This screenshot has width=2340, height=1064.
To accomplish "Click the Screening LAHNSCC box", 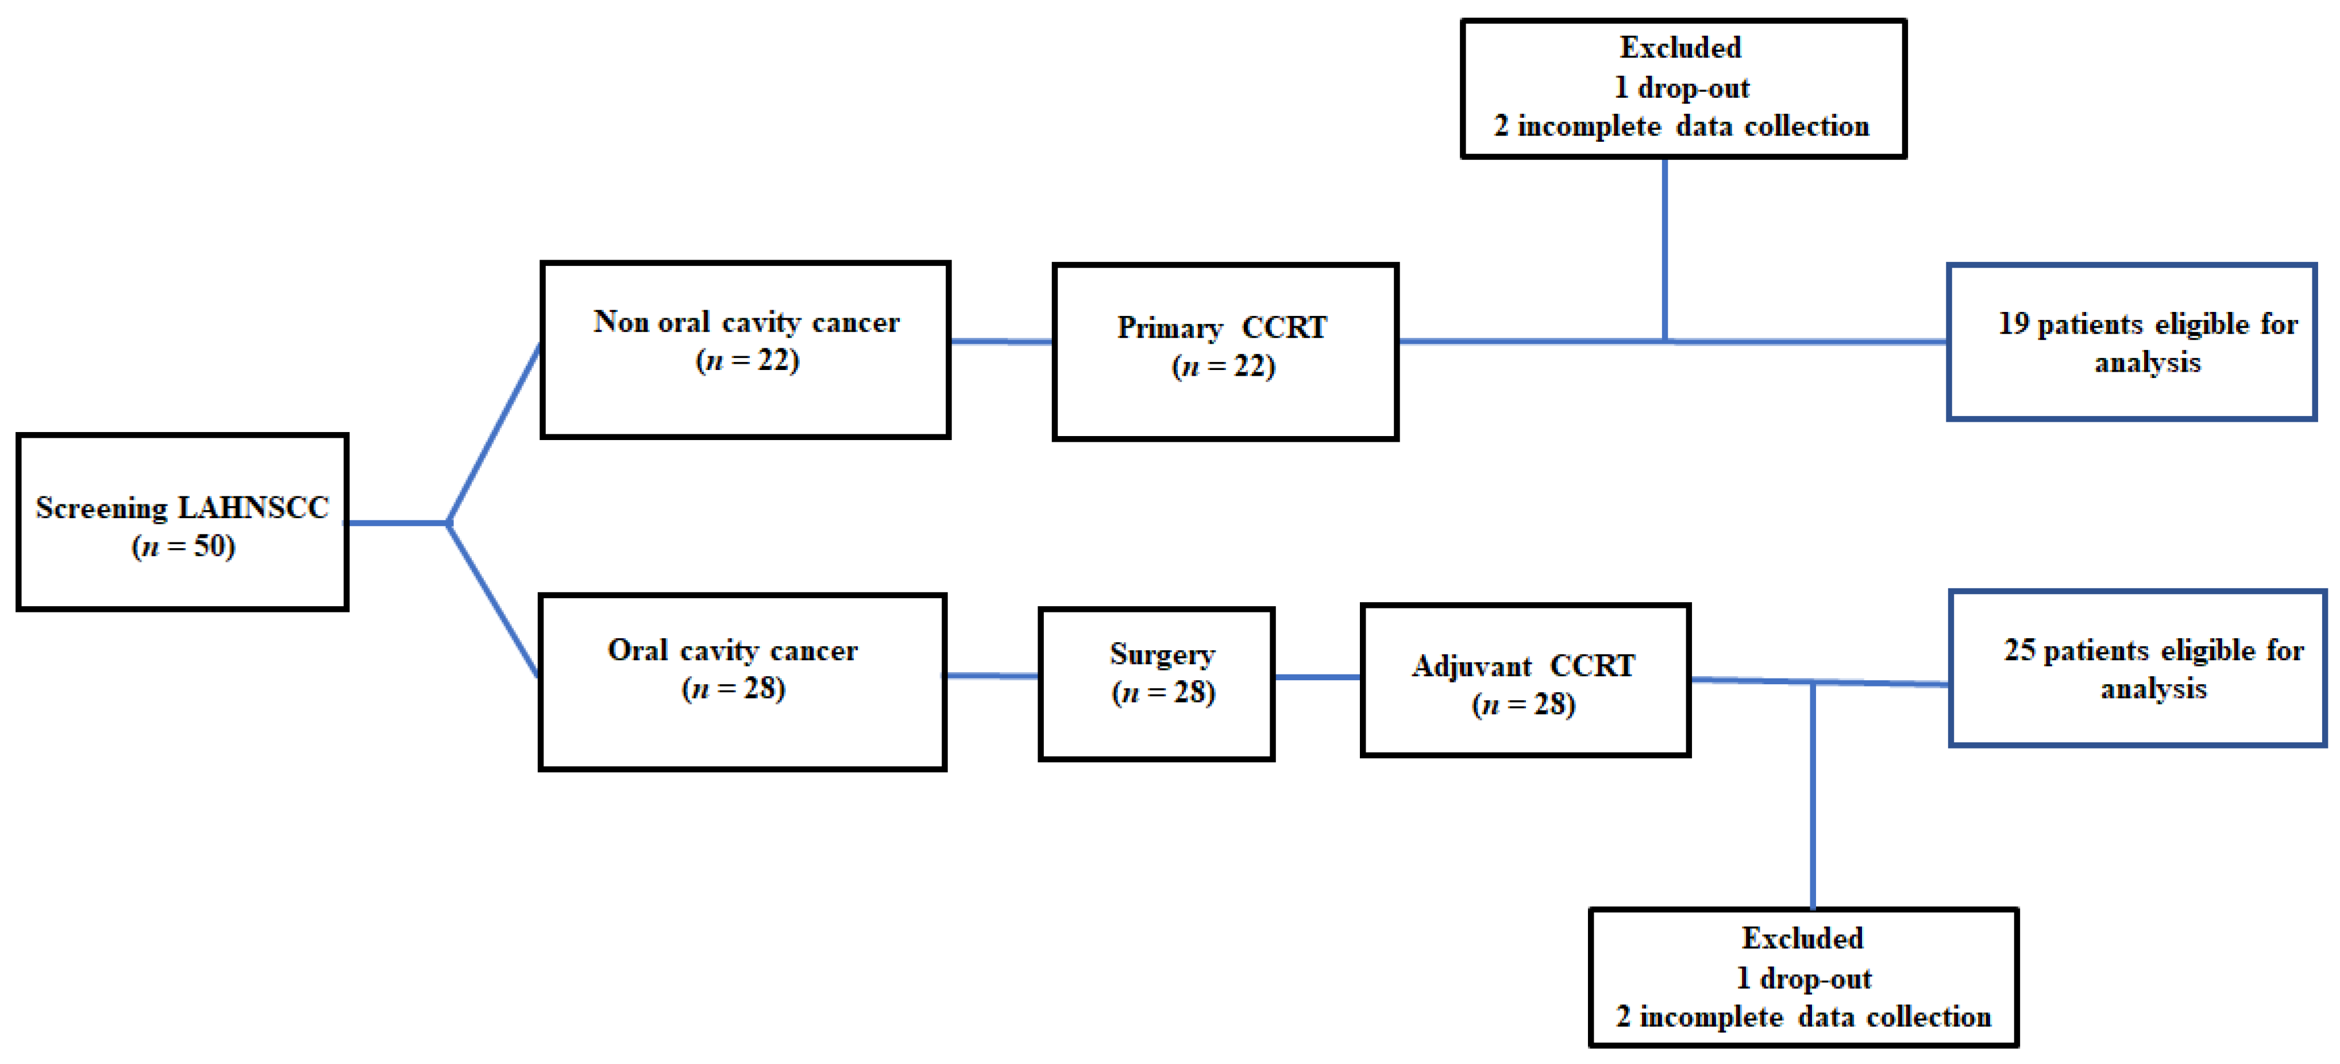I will coord(182,522).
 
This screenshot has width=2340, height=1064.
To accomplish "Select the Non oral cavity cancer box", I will coord(745,350).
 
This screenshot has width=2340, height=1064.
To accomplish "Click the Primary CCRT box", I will coord(1224,352).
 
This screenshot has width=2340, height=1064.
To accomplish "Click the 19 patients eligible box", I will coord(2131,342).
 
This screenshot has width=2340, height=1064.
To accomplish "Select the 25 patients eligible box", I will coord(2137,668).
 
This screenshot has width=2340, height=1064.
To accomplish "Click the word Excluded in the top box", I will coord(1680,47).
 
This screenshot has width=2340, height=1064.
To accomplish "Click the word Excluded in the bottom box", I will coord(1802,938).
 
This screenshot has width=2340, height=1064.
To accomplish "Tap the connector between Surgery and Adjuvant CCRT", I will coord(1317,677).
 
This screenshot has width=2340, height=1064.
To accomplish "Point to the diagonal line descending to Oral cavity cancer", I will coord(494,602).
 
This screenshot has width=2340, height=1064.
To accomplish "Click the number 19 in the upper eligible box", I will coord(2013,323).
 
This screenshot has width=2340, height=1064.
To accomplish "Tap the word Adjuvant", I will coord(1471,666).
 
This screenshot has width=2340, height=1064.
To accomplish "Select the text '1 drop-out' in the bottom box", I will coord(1803,978).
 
